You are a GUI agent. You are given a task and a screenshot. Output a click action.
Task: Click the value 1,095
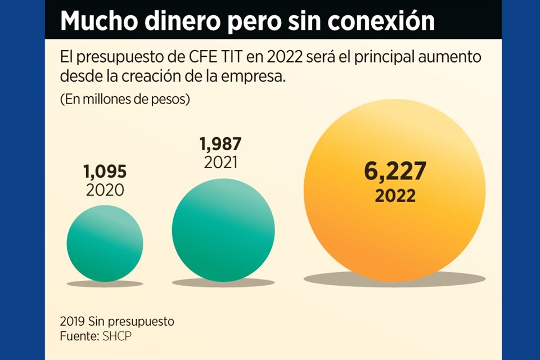click(105, 171)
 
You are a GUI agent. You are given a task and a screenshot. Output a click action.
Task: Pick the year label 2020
click(105, 190)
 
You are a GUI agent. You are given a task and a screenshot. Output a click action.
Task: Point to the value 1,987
click(220, 145)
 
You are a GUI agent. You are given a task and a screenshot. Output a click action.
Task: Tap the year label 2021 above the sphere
click(220, 163)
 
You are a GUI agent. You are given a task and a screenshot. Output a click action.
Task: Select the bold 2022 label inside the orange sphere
click(395, 196)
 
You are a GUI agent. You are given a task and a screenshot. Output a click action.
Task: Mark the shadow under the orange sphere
click(395, 278)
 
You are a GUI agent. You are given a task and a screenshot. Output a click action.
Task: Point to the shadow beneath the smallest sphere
click(105, 283)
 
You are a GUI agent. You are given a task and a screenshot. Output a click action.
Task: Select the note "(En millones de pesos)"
click(124, 99)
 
